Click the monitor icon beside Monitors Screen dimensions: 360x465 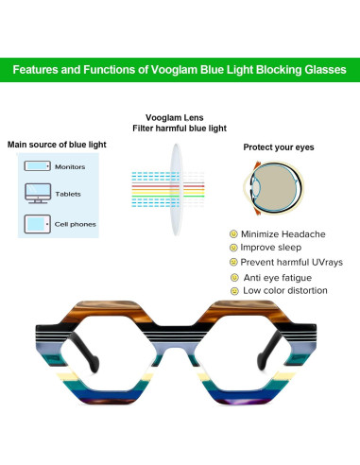point(35,166)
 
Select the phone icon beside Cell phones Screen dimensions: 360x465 point(35,225)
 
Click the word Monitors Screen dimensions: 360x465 point(70,167)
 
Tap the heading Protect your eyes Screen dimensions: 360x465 point(278,147)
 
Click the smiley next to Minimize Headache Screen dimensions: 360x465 point(232,233)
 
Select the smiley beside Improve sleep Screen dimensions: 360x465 point(232,248)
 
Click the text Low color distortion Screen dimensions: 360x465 point(284,291)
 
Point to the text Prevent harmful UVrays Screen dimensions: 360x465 point(291,262)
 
